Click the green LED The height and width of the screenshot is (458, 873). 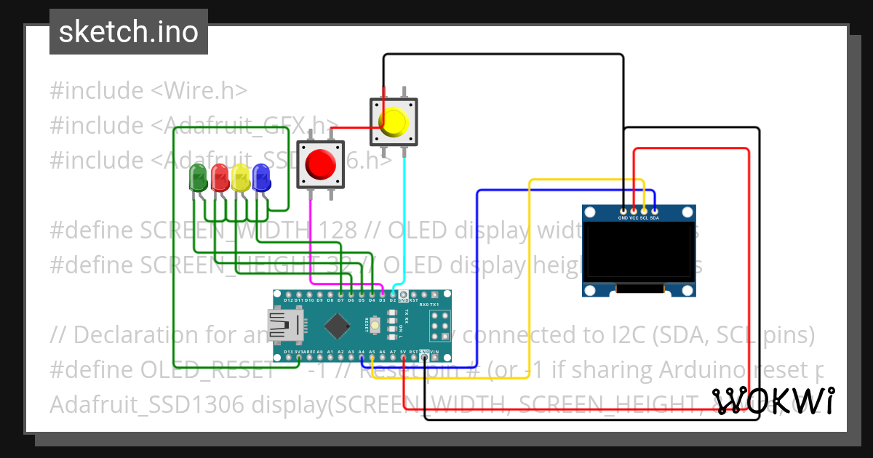coord(197,177)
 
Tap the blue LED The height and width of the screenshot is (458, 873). coord(260,177)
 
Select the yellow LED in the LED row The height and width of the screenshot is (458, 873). coord(239,177)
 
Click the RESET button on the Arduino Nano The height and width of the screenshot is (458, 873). coord(375,325)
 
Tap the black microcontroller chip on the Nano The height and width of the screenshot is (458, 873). coord(337,326)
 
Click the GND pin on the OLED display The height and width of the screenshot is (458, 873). coord(623,211)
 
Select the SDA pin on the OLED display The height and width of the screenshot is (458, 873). coord(655,211)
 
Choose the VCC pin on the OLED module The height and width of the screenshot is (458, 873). coord(634,211)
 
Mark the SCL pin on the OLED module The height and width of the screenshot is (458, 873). coord(645,211)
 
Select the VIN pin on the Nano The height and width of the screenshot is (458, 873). coord(434,357)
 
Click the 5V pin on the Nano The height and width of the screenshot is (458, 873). coord(403,357)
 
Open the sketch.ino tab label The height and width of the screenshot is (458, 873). coord(129,32)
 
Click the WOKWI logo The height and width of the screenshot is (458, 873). coord(773,401)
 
